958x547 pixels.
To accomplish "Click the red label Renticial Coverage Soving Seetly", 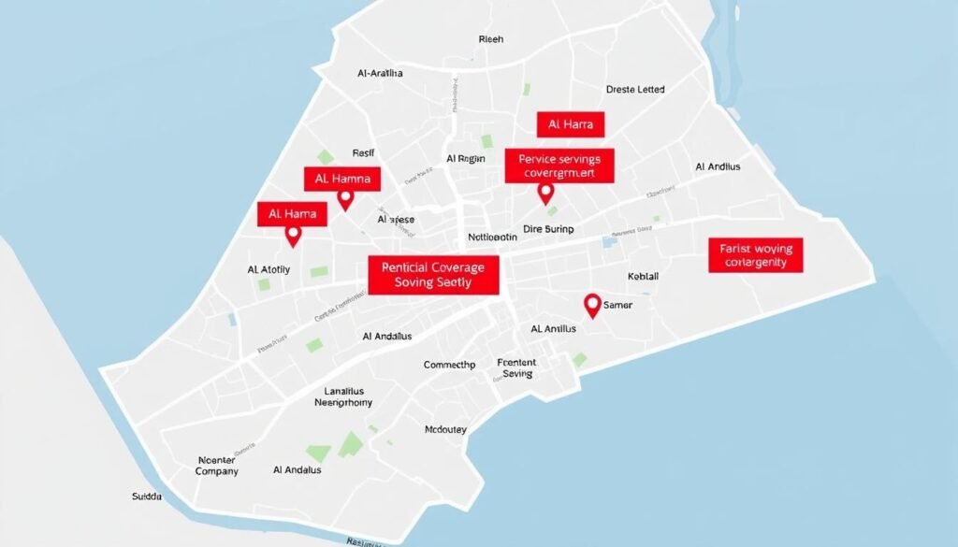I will [x=433, y=274].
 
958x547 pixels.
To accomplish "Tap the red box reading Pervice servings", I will [x=559, y=166].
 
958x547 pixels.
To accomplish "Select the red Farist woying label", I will [x=756, y=254].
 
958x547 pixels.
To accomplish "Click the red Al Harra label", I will [x=571, y=124].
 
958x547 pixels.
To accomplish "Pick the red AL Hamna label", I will [x=341, y=179].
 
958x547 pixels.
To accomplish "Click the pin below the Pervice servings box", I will [x=546, y=193].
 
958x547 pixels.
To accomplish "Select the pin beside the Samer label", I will [x=591, y=304].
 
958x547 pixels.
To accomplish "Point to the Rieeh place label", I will [x=490, y=39].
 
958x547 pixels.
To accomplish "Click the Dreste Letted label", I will [x=635, y=90].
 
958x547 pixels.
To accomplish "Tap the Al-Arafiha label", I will [x=381, y=72].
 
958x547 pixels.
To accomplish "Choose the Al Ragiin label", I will [x=466, y=159].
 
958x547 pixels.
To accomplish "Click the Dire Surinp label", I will [x=548, y=228].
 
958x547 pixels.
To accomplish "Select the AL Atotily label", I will [x=269, y=269].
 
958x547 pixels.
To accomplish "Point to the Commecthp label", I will [x=449, y=365].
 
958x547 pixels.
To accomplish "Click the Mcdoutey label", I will [x=445, y=430].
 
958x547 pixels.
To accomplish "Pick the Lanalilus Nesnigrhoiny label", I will [x=342, y=396].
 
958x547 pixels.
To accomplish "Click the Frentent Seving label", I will [x=516, y=367].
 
